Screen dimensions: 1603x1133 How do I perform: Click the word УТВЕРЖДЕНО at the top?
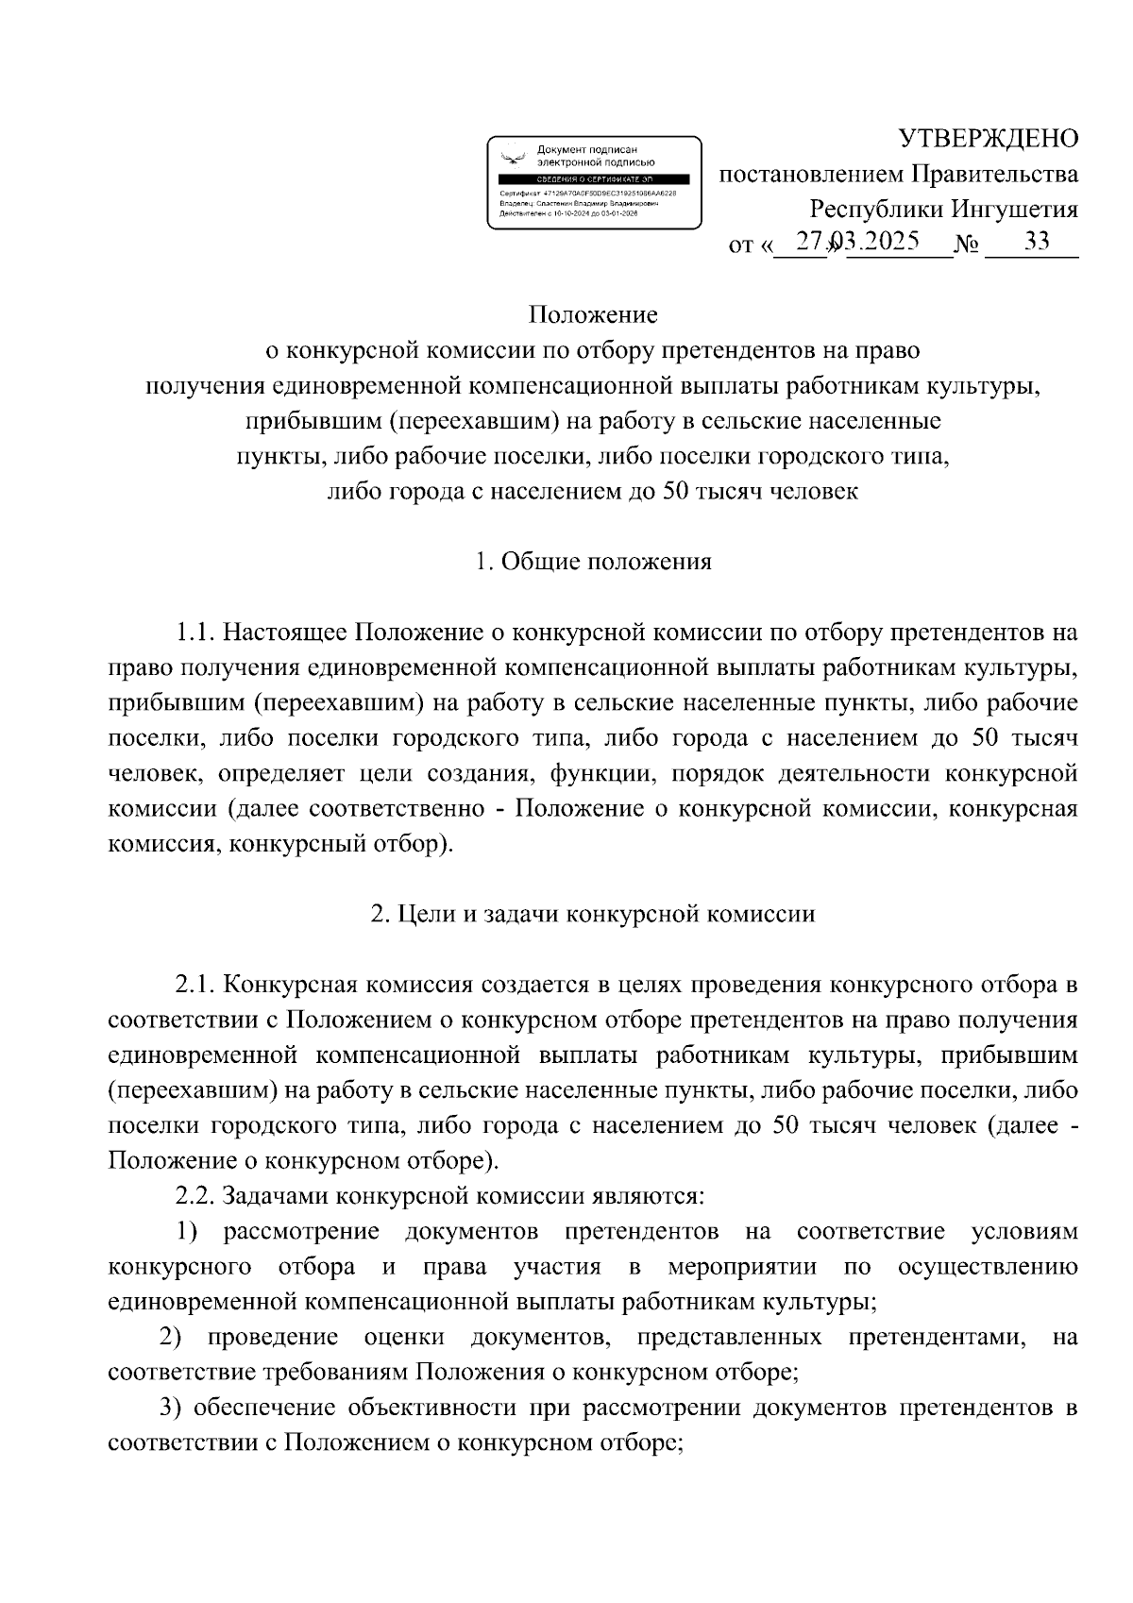point(988,139)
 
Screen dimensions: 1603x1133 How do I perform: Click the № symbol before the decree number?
point(968,245)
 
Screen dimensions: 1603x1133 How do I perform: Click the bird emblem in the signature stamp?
point(513,157)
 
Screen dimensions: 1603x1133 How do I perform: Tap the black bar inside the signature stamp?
point(594,178)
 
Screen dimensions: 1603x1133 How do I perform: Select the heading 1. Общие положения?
point(593,562)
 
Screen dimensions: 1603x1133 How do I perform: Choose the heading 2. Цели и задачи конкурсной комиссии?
point(593,915)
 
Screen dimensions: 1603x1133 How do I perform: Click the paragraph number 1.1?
point(196,633)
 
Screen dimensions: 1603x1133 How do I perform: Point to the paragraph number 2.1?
point(196,986)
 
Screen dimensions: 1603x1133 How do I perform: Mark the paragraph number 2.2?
point(196,1197)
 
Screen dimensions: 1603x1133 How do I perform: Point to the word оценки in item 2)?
point(403,1338)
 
